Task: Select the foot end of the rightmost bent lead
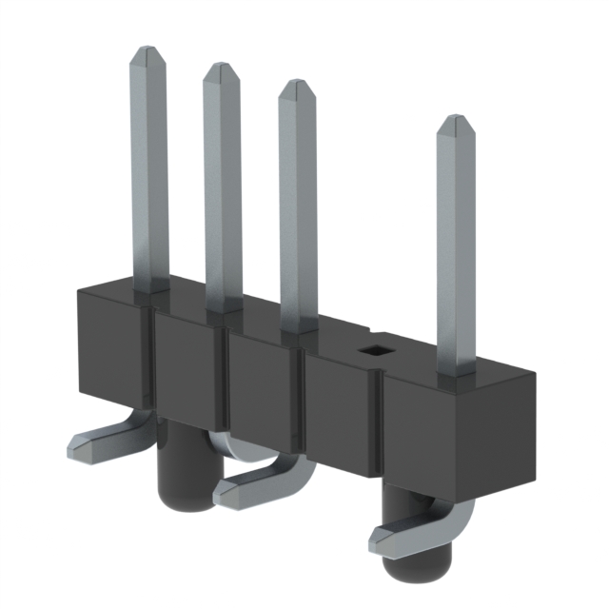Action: point(385,539)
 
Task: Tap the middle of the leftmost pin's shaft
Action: point(149,171)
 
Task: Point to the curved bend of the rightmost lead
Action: point(457,519)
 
